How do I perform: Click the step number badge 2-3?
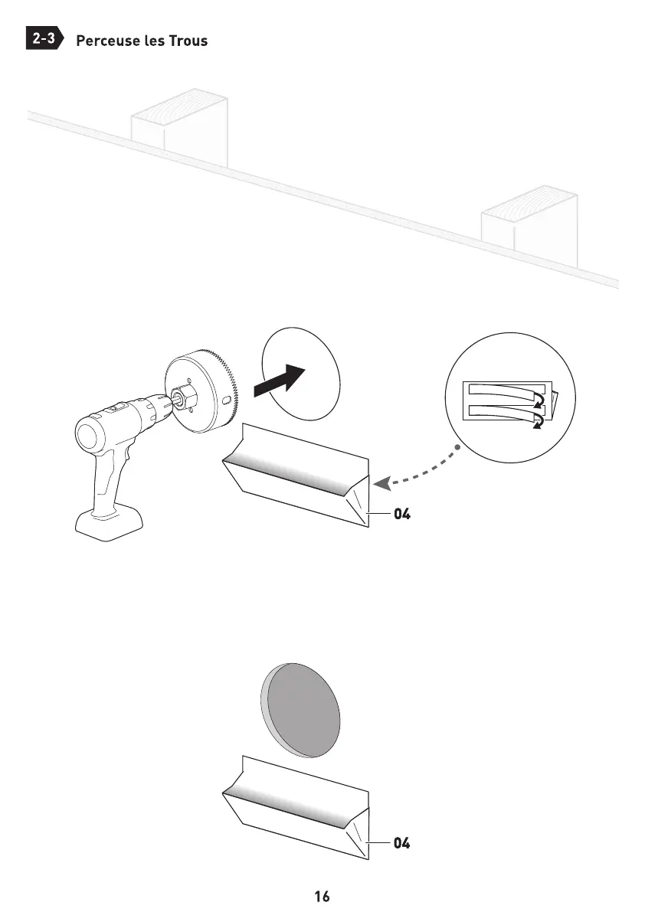[44, 39]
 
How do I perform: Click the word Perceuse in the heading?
[106, 41]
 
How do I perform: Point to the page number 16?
[322, 896]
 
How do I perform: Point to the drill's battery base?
[109, 526]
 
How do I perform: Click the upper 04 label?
[402, 515]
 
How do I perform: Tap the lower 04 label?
[402, 844]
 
